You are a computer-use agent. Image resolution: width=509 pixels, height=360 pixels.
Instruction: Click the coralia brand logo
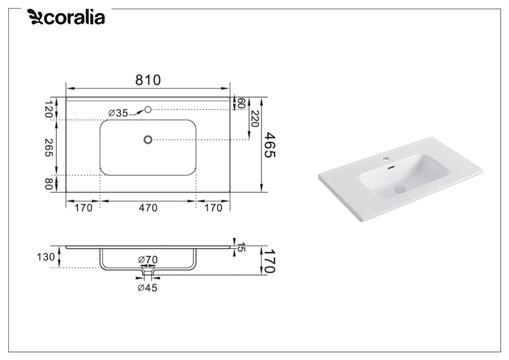tap(66, 17)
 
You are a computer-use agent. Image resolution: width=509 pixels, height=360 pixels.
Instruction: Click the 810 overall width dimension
tap(148, 80)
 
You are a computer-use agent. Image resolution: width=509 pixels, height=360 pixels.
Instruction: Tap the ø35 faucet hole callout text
tap(118, 113)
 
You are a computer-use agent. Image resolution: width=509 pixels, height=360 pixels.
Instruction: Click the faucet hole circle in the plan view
tap(148, 110)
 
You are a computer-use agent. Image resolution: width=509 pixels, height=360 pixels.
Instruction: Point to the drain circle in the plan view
tap(148, 139)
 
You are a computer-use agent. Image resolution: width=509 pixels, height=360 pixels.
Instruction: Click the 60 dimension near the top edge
tap(241, 103)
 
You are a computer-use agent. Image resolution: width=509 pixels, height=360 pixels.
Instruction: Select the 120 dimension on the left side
tap(48, 109)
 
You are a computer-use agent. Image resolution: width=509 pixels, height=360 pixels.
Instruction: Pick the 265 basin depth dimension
tap(48, 148)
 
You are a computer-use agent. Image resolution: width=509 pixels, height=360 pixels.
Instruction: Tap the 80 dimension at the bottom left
tap(48, 184)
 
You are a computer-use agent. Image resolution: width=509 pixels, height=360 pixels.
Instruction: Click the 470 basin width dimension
tap(148, 208)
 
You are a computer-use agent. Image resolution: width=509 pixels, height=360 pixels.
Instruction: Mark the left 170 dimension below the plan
tap(83, 208)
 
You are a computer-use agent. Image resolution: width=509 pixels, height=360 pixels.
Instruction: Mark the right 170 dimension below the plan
tap(213, 208)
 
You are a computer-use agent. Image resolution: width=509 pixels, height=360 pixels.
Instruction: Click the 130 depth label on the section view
tap(46, 257)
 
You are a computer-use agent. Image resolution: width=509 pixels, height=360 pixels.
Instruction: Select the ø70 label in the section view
tap(148, 260)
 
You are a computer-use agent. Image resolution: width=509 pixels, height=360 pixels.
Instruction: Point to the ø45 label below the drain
tap(148, 288)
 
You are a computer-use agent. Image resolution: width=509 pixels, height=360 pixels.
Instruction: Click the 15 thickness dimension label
tap(241, 247)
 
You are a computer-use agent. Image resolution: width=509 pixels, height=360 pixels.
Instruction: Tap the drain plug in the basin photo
tap(400, 190)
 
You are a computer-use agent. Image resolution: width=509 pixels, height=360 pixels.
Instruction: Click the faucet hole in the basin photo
tap(386, 158)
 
